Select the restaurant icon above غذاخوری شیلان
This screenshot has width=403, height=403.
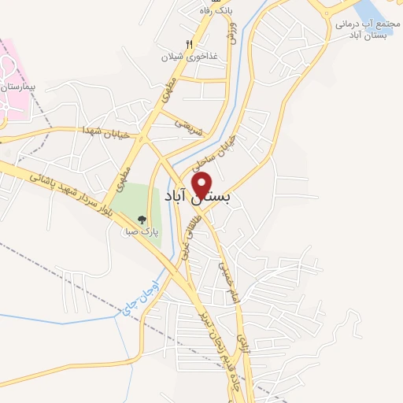(189, 44)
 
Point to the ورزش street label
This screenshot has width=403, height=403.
(232, 31)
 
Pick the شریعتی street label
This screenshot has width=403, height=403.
(190, 128)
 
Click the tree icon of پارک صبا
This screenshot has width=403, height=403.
(142, 220)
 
